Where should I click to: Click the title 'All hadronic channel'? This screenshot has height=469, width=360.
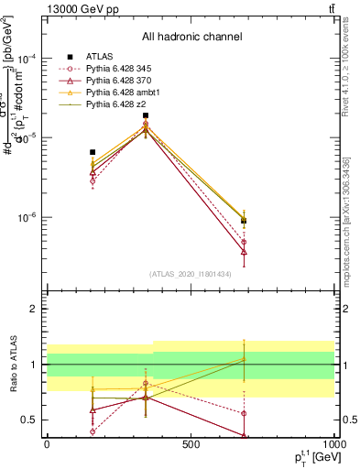click(x=191, y=38)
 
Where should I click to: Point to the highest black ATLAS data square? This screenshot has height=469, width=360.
click(x=146, y=116)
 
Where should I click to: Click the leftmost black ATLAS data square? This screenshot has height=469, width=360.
click(x=93, y=152)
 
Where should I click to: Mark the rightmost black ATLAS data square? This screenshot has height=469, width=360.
click(x=244, y=221)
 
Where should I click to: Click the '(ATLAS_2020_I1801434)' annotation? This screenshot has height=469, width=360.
click(x=191, y=274)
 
